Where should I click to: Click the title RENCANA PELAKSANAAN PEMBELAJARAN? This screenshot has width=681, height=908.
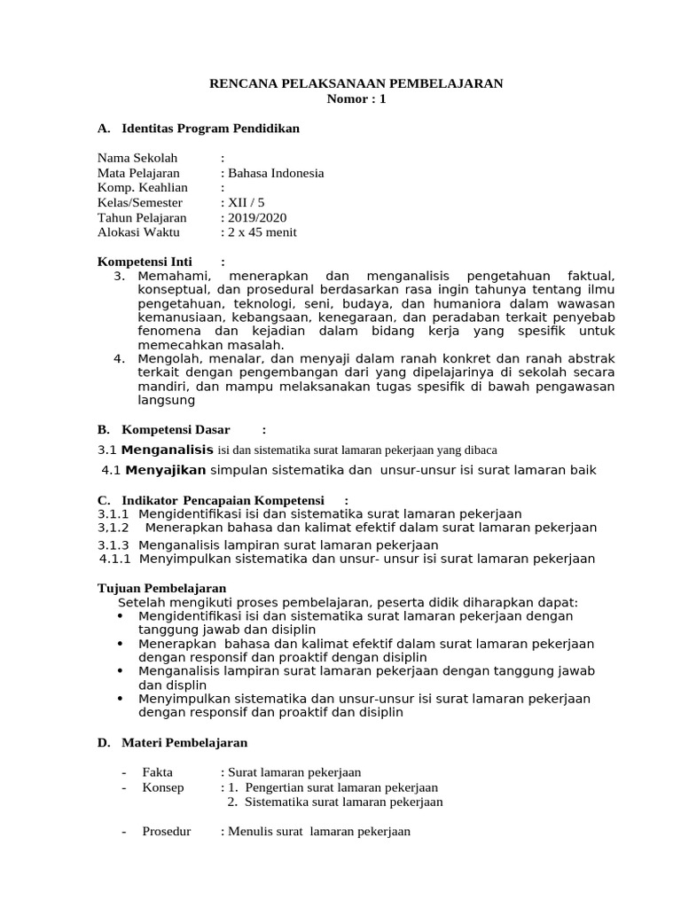(355, 83)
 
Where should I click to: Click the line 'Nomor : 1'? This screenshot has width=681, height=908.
(356, 99)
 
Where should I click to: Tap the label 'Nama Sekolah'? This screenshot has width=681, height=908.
(137, 158)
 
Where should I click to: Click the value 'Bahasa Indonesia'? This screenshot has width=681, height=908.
(276, 173)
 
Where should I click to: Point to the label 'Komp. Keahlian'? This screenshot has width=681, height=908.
(143, 188)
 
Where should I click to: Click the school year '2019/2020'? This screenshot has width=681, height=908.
(257, 218)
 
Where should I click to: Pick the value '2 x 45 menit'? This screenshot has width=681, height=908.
(262, 232)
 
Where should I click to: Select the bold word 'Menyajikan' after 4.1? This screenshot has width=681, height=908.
(165, 469)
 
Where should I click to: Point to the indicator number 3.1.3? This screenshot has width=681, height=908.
(113, 544)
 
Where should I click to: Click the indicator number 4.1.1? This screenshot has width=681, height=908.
(115, 559)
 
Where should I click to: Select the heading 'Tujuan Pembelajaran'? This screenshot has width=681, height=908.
(161, 588)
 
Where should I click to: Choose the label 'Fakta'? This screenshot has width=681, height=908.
(158, 772)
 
